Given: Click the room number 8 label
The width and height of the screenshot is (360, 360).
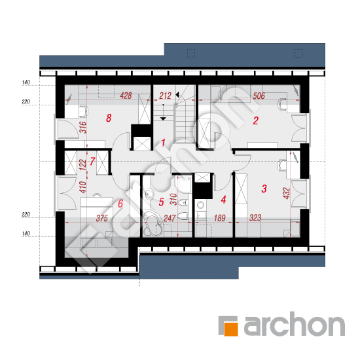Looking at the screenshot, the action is [x=109, y=118].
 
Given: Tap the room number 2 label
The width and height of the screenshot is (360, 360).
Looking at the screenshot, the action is [x=256, y=120].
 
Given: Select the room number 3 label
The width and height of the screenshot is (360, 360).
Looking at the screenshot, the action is [x=264, y=189].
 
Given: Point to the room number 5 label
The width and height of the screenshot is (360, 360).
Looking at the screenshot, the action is [x=162, y=202].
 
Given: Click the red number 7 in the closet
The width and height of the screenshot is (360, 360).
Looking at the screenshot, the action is [x=92, y=162].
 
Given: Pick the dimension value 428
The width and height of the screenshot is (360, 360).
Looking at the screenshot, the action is [x=126, y=96].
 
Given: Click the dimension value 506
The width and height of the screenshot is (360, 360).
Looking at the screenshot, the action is [x=259, y=96].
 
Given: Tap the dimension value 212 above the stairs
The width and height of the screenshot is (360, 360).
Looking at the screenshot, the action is [x=166, y=96].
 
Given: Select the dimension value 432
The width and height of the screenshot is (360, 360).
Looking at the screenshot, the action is [x=287, y=193].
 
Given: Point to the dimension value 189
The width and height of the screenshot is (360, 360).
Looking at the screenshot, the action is [x=219, y=218].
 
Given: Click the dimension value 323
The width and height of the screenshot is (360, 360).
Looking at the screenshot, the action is [x=255, y=218].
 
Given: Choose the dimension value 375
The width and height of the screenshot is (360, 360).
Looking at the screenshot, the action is [x=102, y=218].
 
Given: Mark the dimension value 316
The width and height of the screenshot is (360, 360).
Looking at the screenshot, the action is [x=83, y=128].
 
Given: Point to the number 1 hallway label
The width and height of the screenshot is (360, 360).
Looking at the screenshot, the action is [x=163, y=143].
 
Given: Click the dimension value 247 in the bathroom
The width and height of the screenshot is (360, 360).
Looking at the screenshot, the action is [x=170, y=218].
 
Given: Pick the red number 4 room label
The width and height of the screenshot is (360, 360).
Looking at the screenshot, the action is [x=223, y=200].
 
